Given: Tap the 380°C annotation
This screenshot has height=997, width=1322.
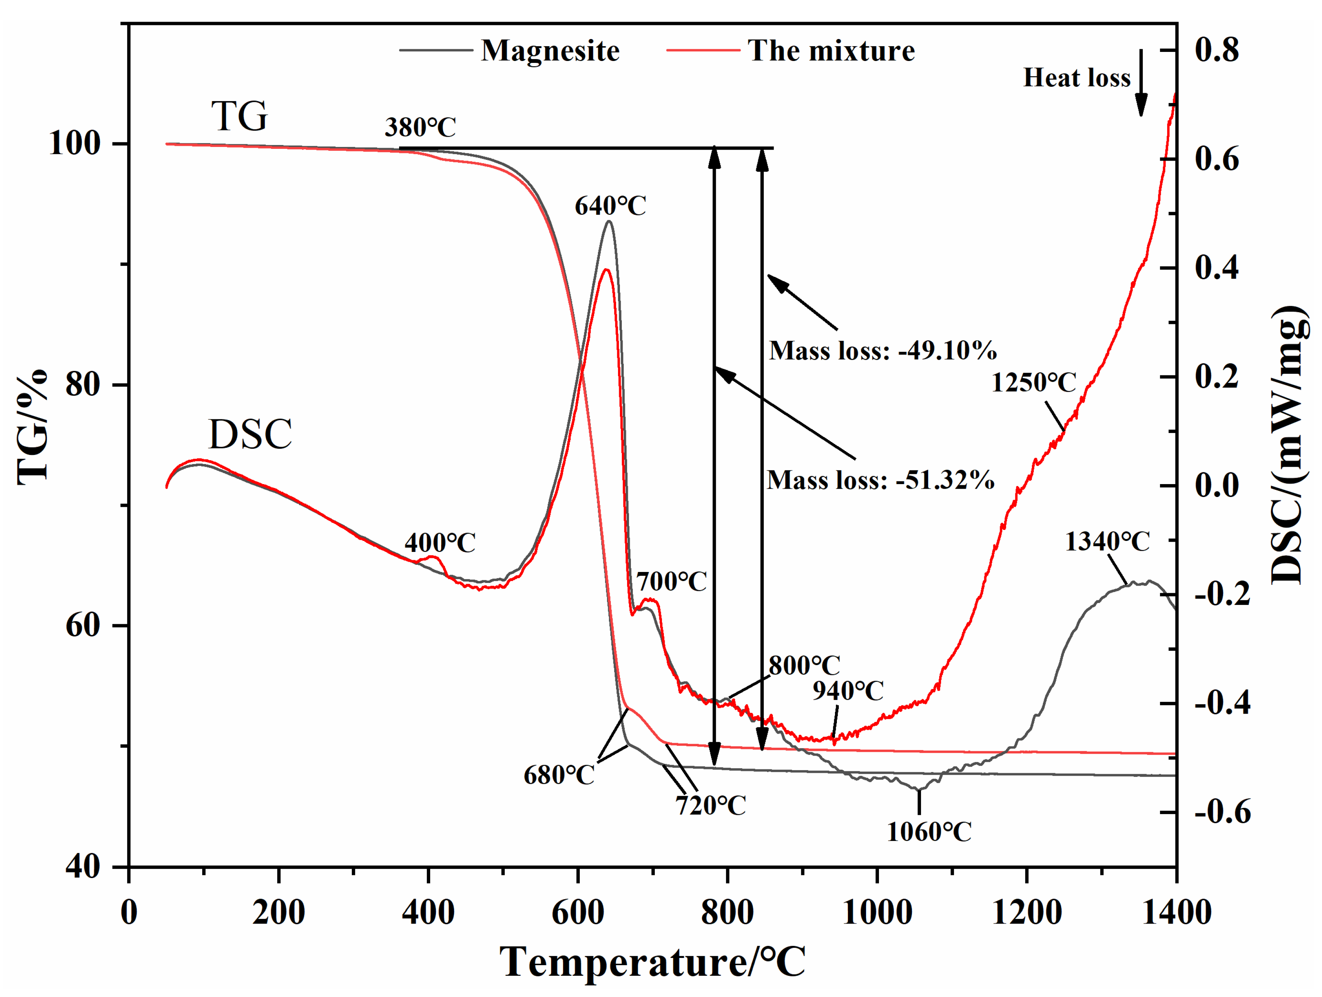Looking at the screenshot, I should click(420, 127).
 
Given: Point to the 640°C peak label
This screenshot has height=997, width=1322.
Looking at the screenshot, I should click(610, 206).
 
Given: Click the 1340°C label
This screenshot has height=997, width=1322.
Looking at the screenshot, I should click(1107, 542).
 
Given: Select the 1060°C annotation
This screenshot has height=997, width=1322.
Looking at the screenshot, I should click(929, 832).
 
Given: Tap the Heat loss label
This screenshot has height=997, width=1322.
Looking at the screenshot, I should click(1076, 78).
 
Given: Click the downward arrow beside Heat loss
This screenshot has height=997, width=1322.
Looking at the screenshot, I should click(1141, 84).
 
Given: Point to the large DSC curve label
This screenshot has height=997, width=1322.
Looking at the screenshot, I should click(250, 434).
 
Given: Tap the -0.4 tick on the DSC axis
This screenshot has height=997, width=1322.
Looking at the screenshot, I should click(1222, 703).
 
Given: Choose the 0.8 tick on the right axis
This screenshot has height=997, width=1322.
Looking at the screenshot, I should click(1217, 50).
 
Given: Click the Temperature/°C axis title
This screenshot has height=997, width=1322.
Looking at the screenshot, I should click(652, 963).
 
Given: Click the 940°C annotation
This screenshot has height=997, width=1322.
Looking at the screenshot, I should click(848, 691).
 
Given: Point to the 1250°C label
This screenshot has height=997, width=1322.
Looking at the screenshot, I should click(1033, 383).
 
